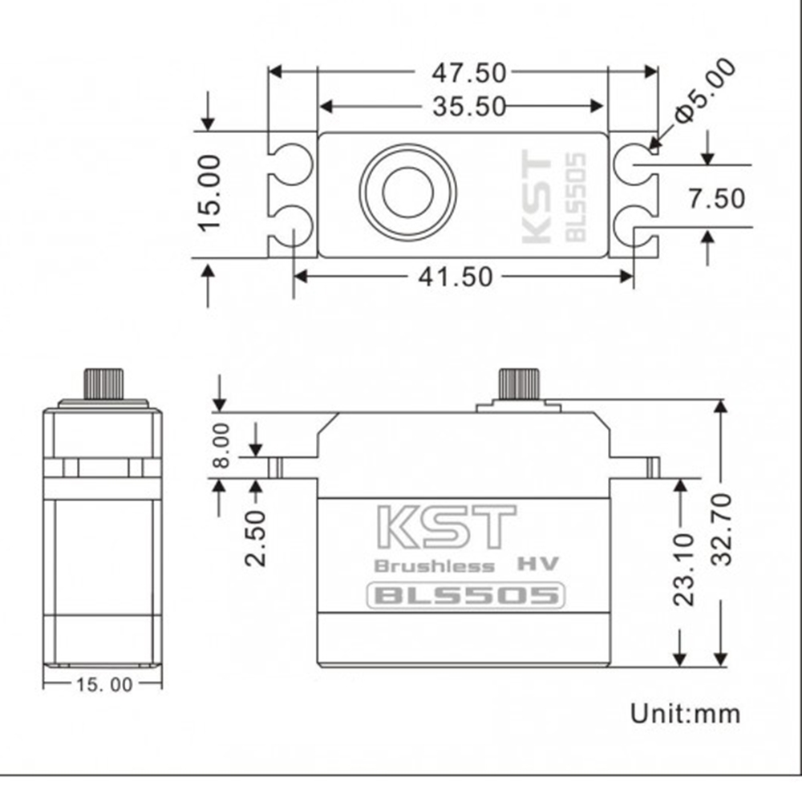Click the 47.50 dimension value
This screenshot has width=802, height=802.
tap(469, 73)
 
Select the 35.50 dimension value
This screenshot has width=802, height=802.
tap(469, 106)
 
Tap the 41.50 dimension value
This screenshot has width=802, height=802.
tap(455, 277)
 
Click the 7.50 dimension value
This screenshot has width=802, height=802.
tap(716, 198)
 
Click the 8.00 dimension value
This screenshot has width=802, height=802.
tap(222, 446)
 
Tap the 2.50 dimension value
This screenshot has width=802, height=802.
tap(255, 537)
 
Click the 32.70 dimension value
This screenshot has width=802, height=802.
tap(722, 529)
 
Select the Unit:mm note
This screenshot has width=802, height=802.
tap(685, 712)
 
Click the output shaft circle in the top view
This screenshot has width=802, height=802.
tap(407, 191)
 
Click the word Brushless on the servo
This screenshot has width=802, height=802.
tap(435, 566)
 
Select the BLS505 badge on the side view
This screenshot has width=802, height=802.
tap(466, 596)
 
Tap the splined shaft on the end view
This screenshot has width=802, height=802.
tap(103, 383)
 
